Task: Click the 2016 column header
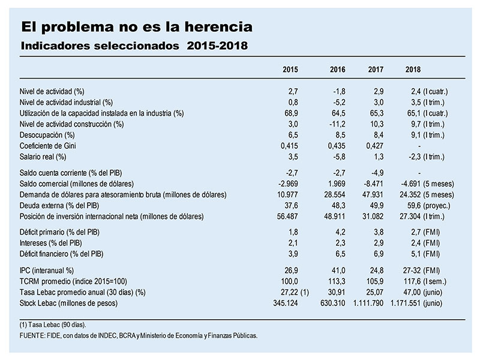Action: [337, 70]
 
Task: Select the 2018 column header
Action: [413, 70]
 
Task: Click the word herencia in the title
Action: [218, 26]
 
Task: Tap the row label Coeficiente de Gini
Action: [48, 146]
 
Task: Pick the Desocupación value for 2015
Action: [291, 135]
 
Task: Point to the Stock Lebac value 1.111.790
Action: [368, 303]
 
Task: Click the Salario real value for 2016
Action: [339, 157]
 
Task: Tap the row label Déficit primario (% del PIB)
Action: [59, 232]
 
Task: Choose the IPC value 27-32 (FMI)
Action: [421, 271]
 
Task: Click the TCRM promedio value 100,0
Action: [289, 281]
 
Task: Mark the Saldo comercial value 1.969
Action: [337, 184]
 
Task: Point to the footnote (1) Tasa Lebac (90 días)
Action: [53, 325]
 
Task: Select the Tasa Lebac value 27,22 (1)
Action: [295, 292]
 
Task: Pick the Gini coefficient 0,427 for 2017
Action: [374, 146]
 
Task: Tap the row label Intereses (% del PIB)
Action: [51, 243]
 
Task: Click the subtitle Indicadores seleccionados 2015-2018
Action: [134, 46]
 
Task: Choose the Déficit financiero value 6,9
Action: [379, 254]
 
